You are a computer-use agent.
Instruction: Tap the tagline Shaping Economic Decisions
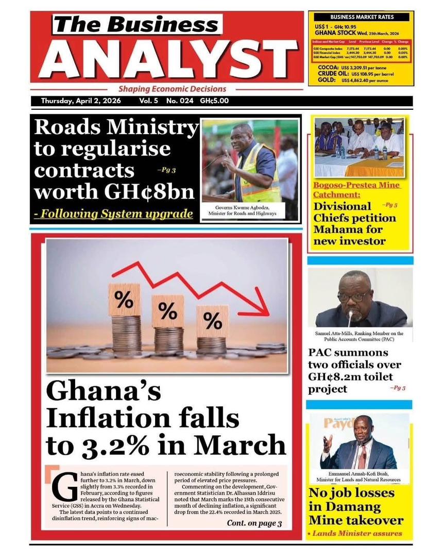[x=172, y=89]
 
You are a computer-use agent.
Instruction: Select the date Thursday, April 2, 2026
[x=81, y=101]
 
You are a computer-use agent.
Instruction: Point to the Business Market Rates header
[x=362, y=17]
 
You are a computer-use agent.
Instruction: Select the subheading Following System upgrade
[x=113, y=213]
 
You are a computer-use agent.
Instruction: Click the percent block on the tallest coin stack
[x=124, y=299]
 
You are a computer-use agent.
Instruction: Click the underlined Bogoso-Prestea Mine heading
[x=356, y=190]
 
